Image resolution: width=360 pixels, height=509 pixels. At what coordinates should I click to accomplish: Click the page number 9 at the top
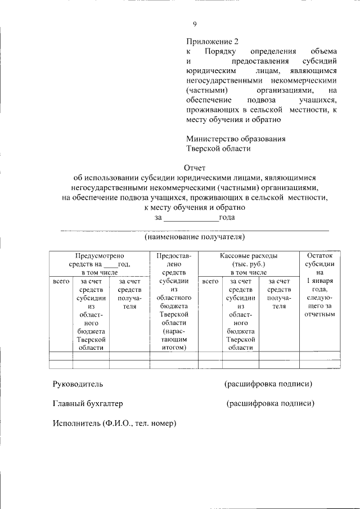coord(195,24)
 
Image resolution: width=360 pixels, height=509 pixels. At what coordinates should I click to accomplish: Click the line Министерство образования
coord(236,139)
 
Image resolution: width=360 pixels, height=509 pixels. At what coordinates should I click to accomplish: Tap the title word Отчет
coord(195,168)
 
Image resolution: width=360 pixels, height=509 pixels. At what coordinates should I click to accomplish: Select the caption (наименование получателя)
coord(195,237)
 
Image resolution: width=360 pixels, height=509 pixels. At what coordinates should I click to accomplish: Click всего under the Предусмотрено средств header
coord(61,281)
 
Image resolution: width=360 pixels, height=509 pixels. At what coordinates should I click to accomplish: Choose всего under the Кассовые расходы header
coord(210,281)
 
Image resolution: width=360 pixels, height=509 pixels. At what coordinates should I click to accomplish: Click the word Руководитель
coord(78,384)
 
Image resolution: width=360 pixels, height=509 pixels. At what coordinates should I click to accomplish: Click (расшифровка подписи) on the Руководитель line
coord(268,384)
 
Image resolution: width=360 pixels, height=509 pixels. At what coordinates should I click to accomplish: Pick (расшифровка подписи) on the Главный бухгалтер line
coord(270,404)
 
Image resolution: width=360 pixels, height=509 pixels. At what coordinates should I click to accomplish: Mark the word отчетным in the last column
coord(319,314)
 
